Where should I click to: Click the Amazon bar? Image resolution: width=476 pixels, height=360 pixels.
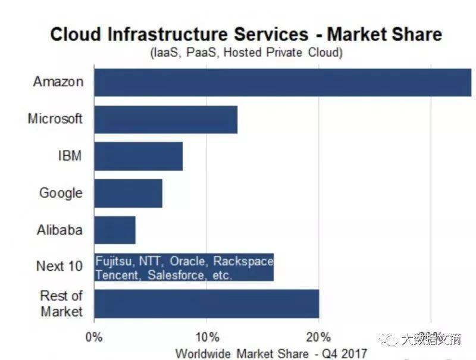(x=283, y=82)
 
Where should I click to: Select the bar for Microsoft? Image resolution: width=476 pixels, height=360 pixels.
(x=165, y=119)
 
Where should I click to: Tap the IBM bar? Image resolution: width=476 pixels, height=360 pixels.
(x=138, y=156)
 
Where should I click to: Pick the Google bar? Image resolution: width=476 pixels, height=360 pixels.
(x=128, y=193)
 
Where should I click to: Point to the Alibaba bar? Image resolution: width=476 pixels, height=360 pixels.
(x=114, y=230)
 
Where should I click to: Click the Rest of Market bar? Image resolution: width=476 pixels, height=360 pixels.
(x=206, y=303)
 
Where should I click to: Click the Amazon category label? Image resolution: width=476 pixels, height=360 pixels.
(x=58, y=82)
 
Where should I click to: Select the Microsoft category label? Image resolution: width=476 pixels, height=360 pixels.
(x=55, y=118)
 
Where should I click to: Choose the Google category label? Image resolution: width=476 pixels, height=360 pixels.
(x=61, y=193)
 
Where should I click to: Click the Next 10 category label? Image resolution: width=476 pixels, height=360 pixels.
(x=59, y=266)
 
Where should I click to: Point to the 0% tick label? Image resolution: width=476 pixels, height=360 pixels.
(x=95, y=337)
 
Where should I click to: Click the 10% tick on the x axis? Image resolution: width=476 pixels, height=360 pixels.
(x=206, y=337)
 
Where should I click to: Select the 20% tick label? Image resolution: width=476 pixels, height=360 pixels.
(x=319, y=337)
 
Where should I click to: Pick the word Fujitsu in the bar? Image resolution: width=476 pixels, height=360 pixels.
(x=115, y=261)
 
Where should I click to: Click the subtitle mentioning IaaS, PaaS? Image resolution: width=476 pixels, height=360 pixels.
(x=246, y=53)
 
